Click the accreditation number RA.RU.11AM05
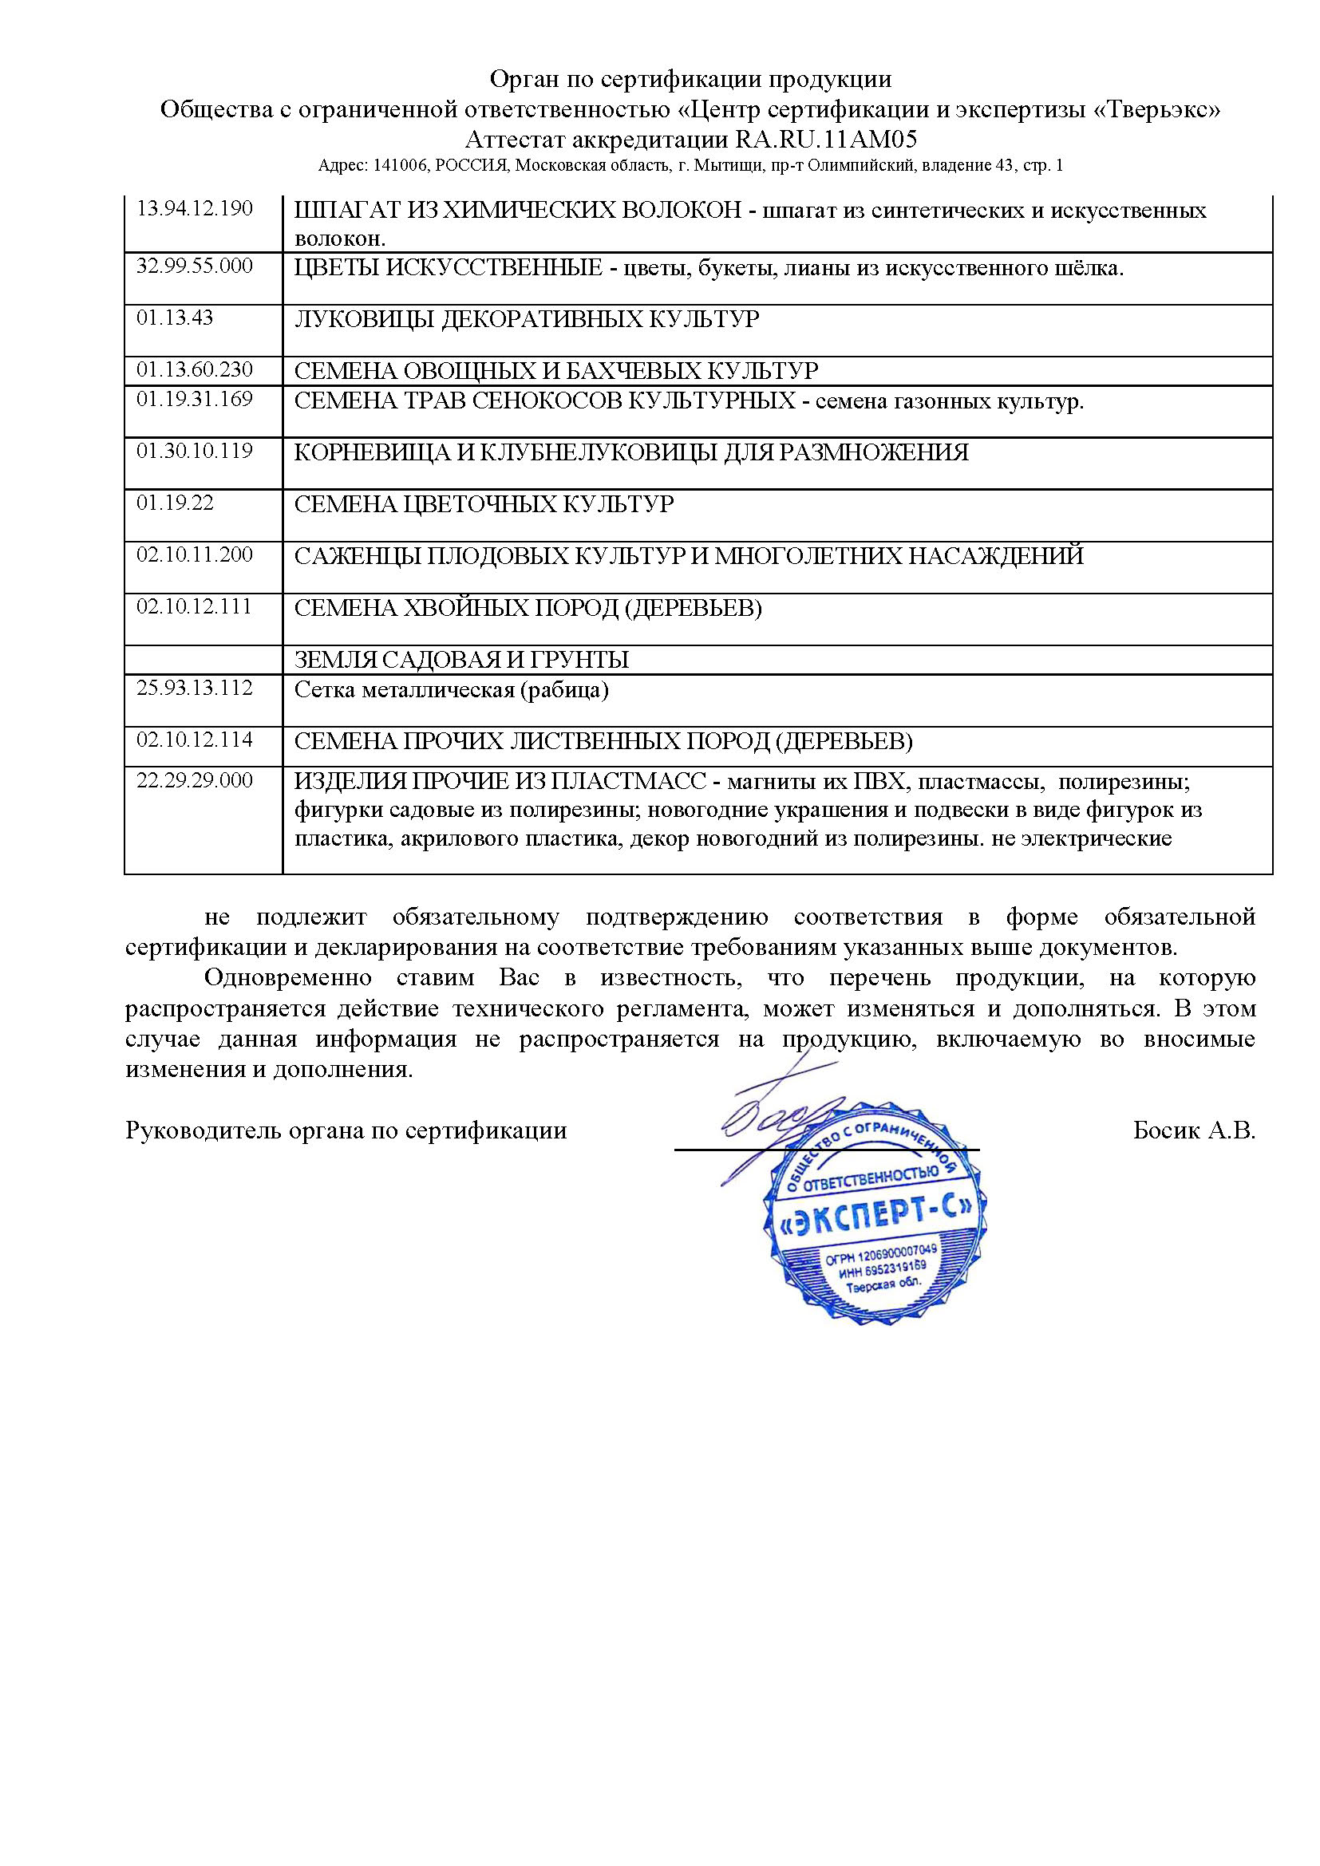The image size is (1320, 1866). [x=827, y=139]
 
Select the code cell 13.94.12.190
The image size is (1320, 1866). [x=194, y=209]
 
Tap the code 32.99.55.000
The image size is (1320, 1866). [x=194, y=266]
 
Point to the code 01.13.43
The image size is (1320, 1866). [x=175, y=318]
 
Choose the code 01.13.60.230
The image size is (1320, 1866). [x=194, y=370]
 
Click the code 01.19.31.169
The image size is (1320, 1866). [x=194, y=399]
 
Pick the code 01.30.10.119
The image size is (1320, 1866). [x=194, y=451]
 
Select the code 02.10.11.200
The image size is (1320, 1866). [x=194, y=555]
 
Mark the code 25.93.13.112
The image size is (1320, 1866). [x=194, y=688]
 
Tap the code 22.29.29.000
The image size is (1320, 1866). [x=194, y=781]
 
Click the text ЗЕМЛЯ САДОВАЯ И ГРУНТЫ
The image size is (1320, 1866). [x=460, y=660]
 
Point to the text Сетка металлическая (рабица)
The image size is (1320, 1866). [x=451, y=691]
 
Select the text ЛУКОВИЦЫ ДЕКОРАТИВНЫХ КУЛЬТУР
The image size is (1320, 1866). [x=526, y=319]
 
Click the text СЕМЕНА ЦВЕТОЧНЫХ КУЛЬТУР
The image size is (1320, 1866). [x=484, y=505]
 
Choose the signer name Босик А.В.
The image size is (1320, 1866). [x=1193, y=1130]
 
